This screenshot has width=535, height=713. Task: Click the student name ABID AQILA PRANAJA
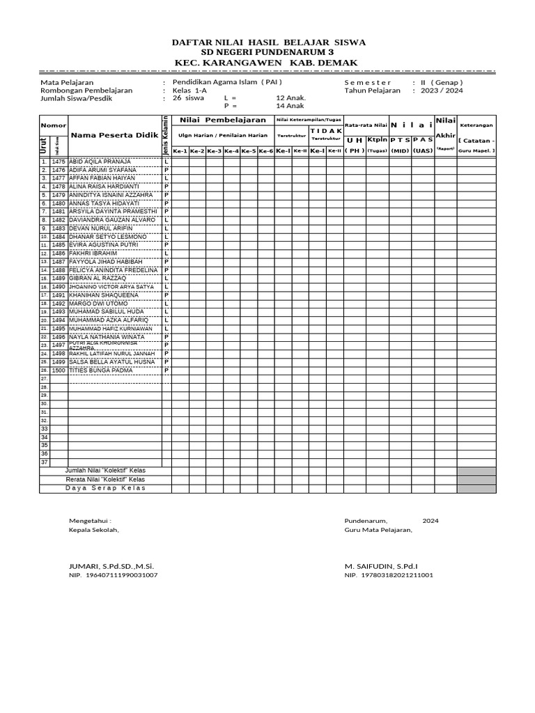coord(100,162)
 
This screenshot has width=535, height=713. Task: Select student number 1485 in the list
coord(58,245)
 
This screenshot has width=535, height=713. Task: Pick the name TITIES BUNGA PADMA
coord(97,370)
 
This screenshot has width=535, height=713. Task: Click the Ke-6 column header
coord(266,151)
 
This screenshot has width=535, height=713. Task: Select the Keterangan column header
coord(476,125)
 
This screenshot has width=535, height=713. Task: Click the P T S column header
coord(401,139)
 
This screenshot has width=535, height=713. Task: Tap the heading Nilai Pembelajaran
coord(222,120)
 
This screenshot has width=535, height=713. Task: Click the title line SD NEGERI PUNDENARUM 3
coord(268,53)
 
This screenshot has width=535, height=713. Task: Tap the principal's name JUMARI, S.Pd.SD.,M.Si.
coord(111,566)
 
